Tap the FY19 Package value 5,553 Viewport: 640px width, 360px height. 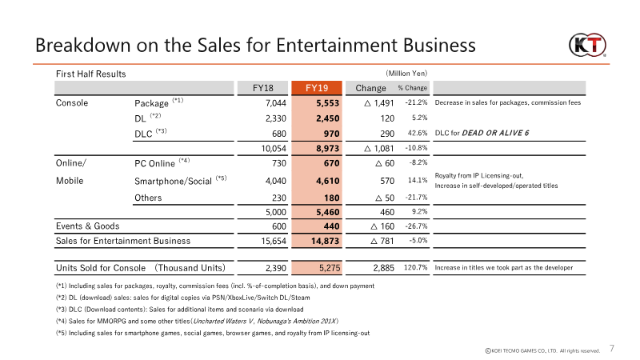click(329, 102)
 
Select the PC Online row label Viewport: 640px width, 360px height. click(161, 162)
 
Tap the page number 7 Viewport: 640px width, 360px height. click(613, 349)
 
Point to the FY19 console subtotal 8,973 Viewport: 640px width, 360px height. click(329, 148)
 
